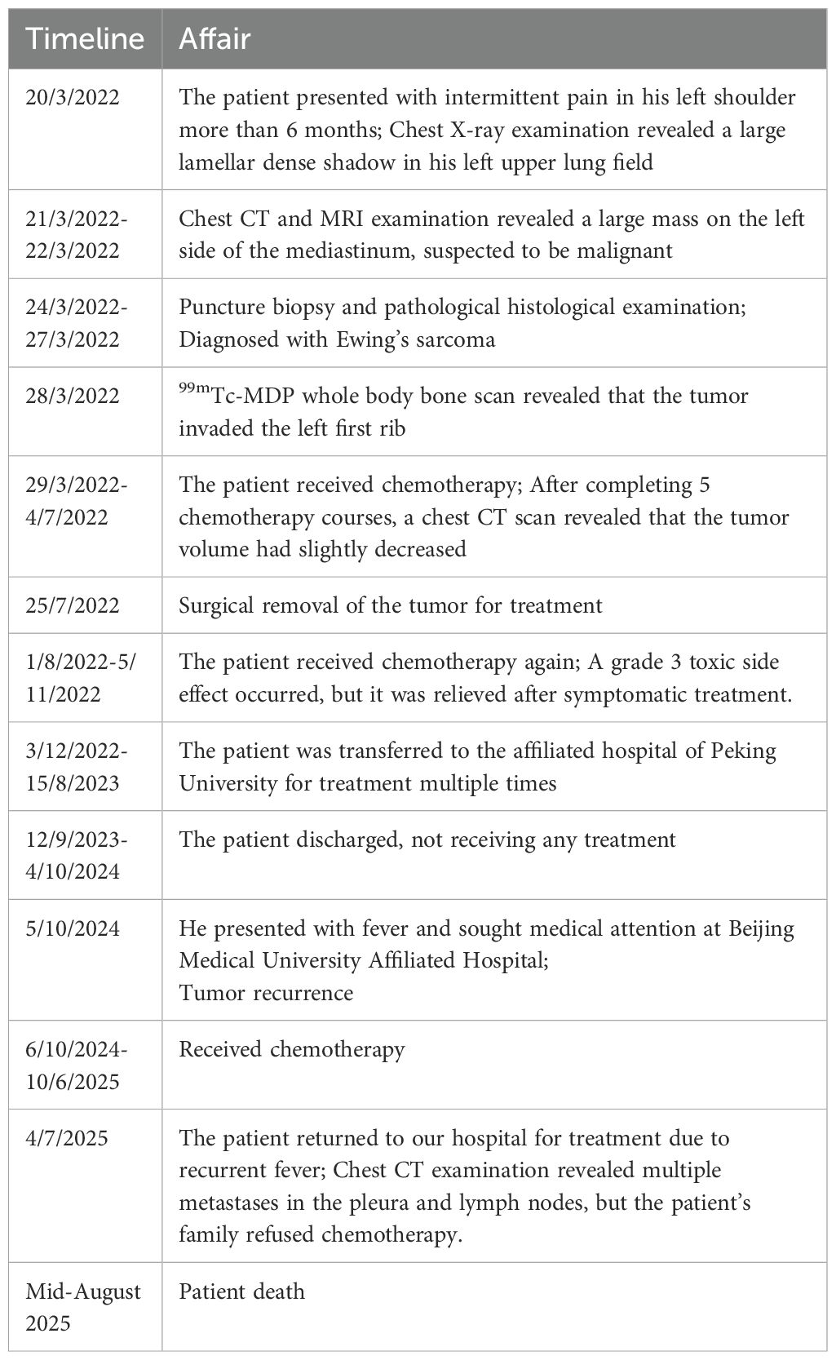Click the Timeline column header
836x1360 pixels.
(85, 38)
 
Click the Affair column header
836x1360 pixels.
(215, 38)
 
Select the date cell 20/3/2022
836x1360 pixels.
(73, 98)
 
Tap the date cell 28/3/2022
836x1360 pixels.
(73, 396)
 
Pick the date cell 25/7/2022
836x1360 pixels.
(73, 605)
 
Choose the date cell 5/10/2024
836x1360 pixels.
(73, 928)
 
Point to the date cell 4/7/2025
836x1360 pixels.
(67, 1138)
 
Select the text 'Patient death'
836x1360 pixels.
(241, 1291)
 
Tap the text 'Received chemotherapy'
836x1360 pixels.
(291, 1049)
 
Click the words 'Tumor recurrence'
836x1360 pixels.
(266, 993)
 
